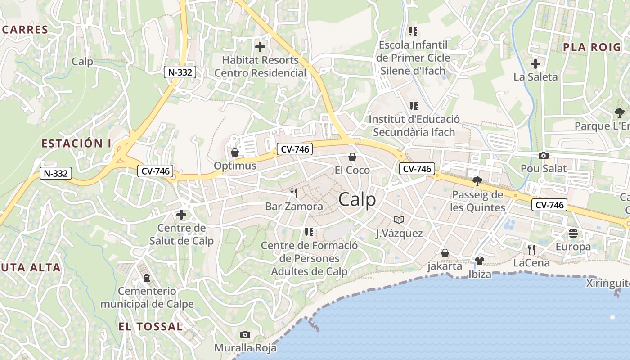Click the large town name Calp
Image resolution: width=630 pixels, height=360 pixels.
click(357, 199)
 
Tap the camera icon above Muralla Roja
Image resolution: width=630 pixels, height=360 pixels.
click(245, 334)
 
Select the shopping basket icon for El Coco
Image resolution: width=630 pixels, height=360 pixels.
click(352, 157)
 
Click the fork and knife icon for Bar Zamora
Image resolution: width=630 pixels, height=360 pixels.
click(294, 193)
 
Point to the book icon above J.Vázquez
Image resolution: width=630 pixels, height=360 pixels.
click(399, 220)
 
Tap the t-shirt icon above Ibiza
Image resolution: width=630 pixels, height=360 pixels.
click(479, 261)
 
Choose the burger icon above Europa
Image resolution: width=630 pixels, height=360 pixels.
click(573, 233)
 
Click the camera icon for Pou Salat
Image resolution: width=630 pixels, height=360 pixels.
click(544, 155)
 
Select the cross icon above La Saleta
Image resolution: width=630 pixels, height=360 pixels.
click(535, 63)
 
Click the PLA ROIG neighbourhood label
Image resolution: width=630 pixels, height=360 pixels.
click(592, 47)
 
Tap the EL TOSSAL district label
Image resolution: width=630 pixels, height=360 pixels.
click(151, 326)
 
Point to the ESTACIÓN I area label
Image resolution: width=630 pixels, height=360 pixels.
click(76, 144)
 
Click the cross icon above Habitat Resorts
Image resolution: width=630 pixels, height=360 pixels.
click(260, 46)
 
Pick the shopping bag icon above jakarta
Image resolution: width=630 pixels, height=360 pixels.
click(445, 253)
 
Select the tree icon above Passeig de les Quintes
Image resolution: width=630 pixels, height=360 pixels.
click(477, 181)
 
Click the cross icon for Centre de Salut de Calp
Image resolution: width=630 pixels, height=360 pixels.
click(181, 215)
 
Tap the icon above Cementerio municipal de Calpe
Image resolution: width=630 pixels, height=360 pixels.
click(147, 278)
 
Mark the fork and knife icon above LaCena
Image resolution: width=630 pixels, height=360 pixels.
click(532, 249)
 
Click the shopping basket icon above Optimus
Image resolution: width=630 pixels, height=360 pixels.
click(234, 153)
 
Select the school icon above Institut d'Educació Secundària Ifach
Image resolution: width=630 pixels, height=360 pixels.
click(414, 106)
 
